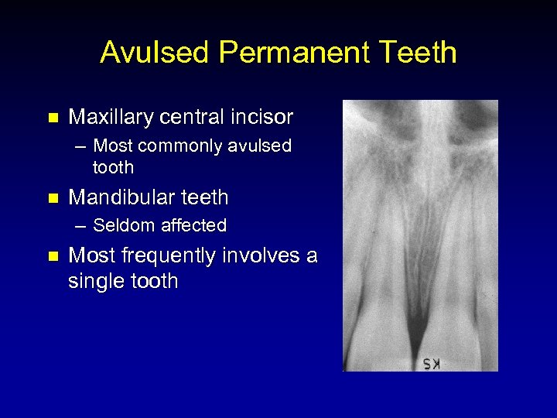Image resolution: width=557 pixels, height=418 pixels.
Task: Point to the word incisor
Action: (259, 118)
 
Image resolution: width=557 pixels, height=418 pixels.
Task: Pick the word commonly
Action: (181, 146)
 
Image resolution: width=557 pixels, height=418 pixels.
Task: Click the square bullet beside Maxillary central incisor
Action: (53, 118)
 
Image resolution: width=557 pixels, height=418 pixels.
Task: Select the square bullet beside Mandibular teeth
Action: (53, 198)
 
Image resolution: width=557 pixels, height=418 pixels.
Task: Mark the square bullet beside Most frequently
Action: (53, 256)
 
